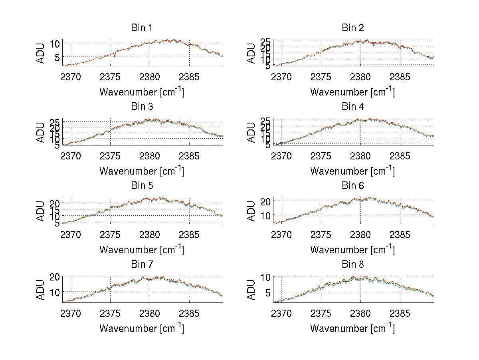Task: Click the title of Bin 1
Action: (x=142, y=28)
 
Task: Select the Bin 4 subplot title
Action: (x=353, y=106)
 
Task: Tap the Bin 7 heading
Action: (x=142, y=264)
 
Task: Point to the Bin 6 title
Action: (x=353, y=185)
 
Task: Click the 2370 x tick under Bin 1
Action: (x=71, y=77)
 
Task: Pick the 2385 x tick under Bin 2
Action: (x=400, y=77)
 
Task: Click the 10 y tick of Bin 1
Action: (x=55, y=43)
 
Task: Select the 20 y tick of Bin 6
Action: (x=266, y=201)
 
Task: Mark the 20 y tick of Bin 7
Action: (x=55, y=276)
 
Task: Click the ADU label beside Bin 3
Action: (x=41, y=132)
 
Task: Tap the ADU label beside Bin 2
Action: (x=251, y=53)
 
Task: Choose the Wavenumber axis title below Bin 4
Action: (x=352, y=171)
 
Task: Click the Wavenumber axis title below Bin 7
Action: (x=142, y=328)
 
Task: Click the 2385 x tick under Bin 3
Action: (x=189, y=156)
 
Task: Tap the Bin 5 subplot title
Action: (x=142, y=185)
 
